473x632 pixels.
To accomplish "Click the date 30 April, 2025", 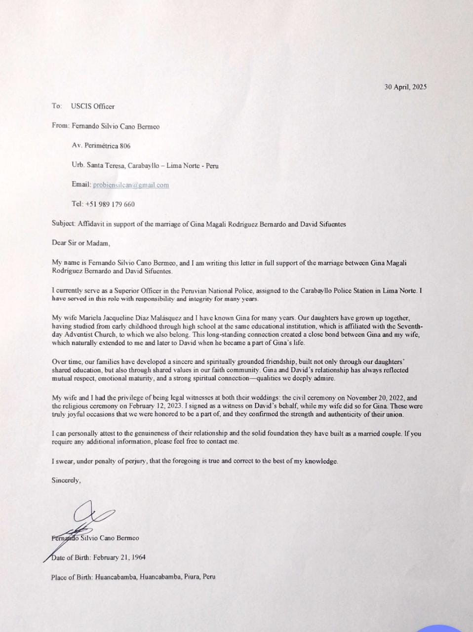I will pyautogui.click(x=405, y=87).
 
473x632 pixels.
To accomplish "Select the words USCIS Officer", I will pyautogui.click(x=92, y=107).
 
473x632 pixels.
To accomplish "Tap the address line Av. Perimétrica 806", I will pyautogui.click(x=101, y=146).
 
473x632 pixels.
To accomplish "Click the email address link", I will pyautogui.click(x=131, y=185).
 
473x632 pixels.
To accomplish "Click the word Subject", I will pyautogui.click(x=63, y=224).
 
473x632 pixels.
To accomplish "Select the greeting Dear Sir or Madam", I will pyautogui.click(x=81, y=243).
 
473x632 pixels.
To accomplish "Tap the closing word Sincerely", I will pyautogui.click(x=66, y=480).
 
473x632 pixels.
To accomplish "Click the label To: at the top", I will pyautogui.click(x=57, y=107).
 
